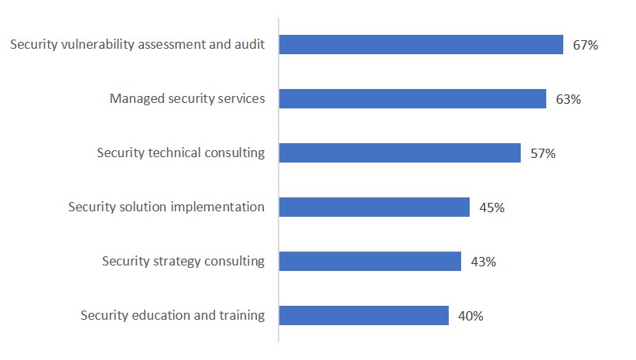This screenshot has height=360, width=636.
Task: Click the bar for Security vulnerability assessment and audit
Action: [421, 45]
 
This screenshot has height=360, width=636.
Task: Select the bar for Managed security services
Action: [412, 99]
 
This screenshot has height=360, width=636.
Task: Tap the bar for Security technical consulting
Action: [399, 153]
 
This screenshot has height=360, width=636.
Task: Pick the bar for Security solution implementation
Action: [374, 207]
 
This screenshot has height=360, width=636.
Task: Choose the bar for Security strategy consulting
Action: [370, 262]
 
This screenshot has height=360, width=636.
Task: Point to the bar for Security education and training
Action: [364, 316]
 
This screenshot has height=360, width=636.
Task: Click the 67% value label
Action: [585, 45]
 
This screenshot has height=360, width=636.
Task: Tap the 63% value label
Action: [568, 99]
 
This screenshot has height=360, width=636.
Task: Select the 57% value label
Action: [542, 153]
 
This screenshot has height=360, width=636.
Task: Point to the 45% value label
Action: [491, 207]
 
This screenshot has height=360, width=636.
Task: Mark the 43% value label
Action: [483, 262]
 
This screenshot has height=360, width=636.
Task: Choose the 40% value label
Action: [470, 316]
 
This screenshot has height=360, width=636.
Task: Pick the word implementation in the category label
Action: [219, 207]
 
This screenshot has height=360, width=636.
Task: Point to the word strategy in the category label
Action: [176, 262]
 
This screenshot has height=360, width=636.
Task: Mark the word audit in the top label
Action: [250, 44]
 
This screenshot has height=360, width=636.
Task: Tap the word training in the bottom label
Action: [241, 316]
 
